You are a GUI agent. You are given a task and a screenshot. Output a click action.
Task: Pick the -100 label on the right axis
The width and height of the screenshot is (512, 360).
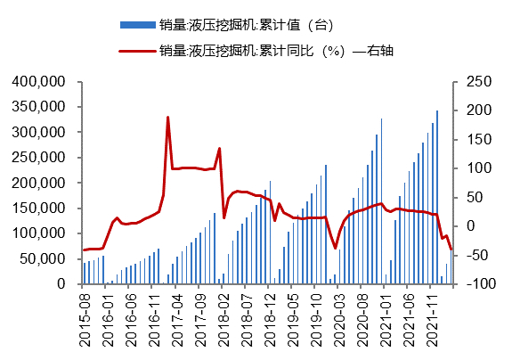[x=472, y=284]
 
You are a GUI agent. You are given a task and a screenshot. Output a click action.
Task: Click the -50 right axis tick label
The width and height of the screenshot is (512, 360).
[x=472, y=256]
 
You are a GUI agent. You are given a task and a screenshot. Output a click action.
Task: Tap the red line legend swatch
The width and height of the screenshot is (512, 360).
[x=137, y=51]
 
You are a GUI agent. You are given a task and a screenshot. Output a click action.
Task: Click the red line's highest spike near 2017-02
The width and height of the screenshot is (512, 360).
[x=167, y=118]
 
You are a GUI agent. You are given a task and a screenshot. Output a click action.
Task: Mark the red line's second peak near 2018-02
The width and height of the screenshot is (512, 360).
[x=219, y=149]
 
